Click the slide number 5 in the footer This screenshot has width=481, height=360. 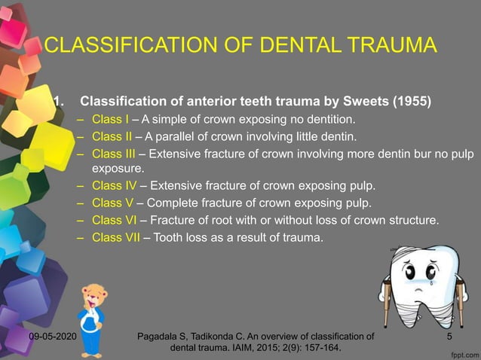449,336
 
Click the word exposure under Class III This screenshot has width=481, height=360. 118,169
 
